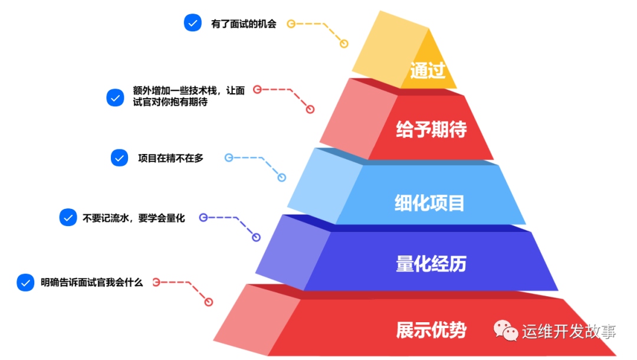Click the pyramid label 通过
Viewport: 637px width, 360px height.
click(428, 70)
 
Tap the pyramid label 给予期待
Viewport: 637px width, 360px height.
click(431, 129)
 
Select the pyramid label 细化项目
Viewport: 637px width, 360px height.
click(429, 203)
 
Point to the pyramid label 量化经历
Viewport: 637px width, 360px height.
click(431, 263)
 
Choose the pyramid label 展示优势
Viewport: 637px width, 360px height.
click(431, 329)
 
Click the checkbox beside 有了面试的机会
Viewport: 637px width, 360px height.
click(192, 23)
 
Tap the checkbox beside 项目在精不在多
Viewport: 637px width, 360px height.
click(119, 158)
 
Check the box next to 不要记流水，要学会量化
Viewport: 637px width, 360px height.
click(68, 217)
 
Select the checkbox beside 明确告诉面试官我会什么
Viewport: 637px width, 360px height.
click(25, 283)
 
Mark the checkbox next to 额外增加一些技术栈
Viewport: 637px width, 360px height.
click(115, 97)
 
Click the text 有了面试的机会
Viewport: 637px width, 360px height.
click(243, 25)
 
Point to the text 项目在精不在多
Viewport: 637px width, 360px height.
click(170, 158)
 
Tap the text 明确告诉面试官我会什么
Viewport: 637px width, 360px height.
click(92, 283)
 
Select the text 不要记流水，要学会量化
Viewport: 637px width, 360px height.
click(134, 218)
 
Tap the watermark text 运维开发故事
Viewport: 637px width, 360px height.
click(569, 331)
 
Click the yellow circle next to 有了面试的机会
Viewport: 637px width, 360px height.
click(291, 24)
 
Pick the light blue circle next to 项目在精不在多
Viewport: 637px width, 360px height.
click(229, 158)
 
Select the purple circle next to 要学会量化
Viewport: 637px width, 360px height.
click(203, 217)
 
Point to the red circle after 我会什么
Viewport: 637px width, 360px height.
click(156, 282)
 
